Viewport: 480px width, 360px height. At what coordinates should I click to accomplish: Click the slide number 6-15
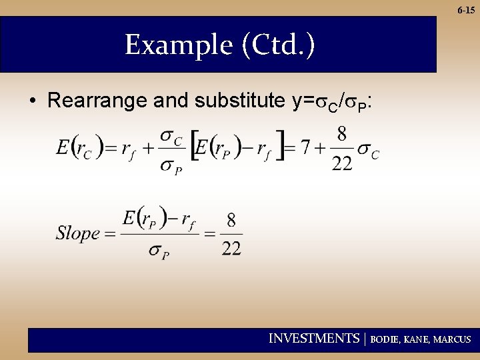click(466, 10)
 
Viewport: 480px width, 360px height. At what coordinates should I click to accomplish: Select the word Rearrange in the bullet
click(98, 101)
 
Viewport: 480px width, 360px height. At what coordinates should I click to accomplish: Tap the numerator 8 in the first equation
click(341, 135)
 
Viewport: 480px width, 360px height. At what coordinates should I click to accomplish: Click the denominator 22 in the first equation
click(341, 163)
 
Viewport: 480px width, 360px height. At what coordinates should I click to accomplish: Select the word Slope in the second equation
click(77, 233)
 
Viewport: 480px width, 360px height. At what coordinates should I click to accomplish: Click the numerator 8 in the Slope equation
click(231, 219)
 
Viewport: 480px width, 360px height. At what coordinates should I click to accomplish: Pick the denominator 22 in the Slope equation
click(231, 249)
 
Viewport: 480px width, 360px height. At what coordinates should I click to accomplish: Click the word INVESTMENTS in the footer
click(313, 339)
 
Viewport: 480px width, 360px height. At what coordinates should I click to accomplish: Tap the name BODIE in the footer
click(385, 339)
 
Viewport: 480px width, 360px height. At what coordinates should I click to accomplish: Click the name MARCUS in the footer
click(452, 339)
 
